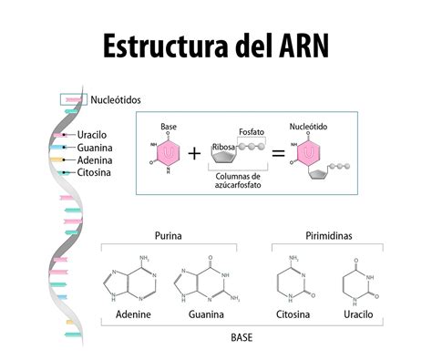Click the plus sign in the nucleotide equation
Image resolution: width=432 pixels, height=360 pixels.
tap(194, 152)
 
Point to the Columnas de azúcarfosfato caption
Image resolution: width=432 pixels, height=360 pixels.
tap(240, 180)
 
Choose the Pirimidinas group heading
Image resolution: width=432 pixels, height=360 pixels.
tap(328, 236)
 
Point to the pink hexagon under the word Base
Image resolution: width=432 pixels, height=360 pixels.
tap(169, 151)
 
